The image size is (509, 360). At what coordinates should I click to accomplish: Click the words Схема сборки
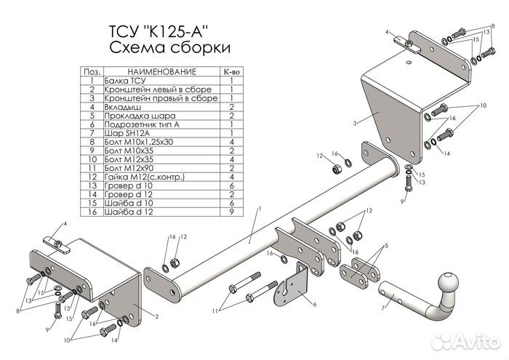(x=170, y=47)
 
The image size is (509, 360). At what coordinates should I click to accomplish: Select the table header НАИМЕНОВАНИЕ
(x=161, y=72)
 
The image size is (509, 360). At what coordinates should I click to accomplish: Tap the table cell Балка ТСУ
(x=125, y=81)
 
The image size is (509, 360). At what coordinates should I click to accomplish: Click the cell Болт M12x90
(x=129, y=168)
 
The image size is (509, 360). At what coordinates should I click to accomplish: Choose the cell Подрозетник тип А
(x=142, y=124)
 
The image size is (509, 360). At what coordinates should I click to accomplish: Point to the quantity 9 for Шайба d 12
(x=232, y=212)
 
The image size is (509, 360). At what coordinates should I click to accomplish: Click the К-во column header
(x=232, y=72)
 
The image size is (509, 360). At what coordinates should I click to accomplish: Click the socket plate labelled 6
(x=291, y=285)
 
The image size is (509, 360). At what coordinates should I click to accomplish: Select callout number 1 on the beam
(x=260, y=208)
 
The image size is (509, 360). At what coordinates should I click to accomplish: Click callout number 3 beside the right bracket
(x=355, y=124)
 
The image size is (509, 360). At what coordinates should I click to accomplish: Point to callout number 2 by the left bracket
(x=157, y=316)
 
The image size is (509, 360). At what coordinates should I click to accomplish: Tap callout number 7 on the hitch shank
(x=383, y=308)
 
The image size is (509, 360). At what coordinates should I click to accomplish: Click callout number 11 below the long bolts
(x=215, y=311)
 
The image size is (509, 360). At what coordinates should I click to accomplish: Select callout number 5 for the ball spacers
(x=386, y=246)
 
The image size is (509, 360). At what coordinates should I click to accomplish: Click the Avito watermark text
(x=476, y=342)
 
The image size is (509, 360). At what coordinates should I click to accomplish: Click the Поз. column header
(x=92, y=72)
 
